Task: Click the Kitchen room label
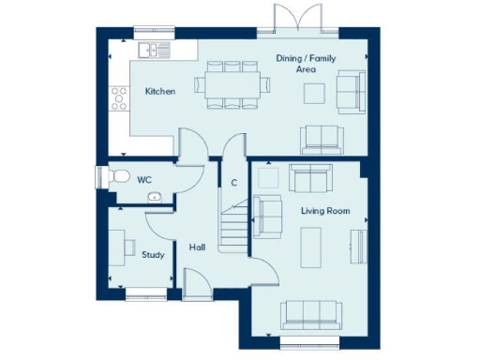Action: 159,92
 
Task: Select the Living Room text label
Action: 325,211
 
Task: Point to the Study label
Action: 152,254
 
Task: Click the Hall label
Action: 197,247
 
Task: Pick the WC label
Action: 144,178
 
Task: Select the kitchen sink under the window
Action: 152,49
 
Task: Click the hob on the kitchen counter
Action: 119,96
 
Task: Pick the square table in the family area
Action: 314,93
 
